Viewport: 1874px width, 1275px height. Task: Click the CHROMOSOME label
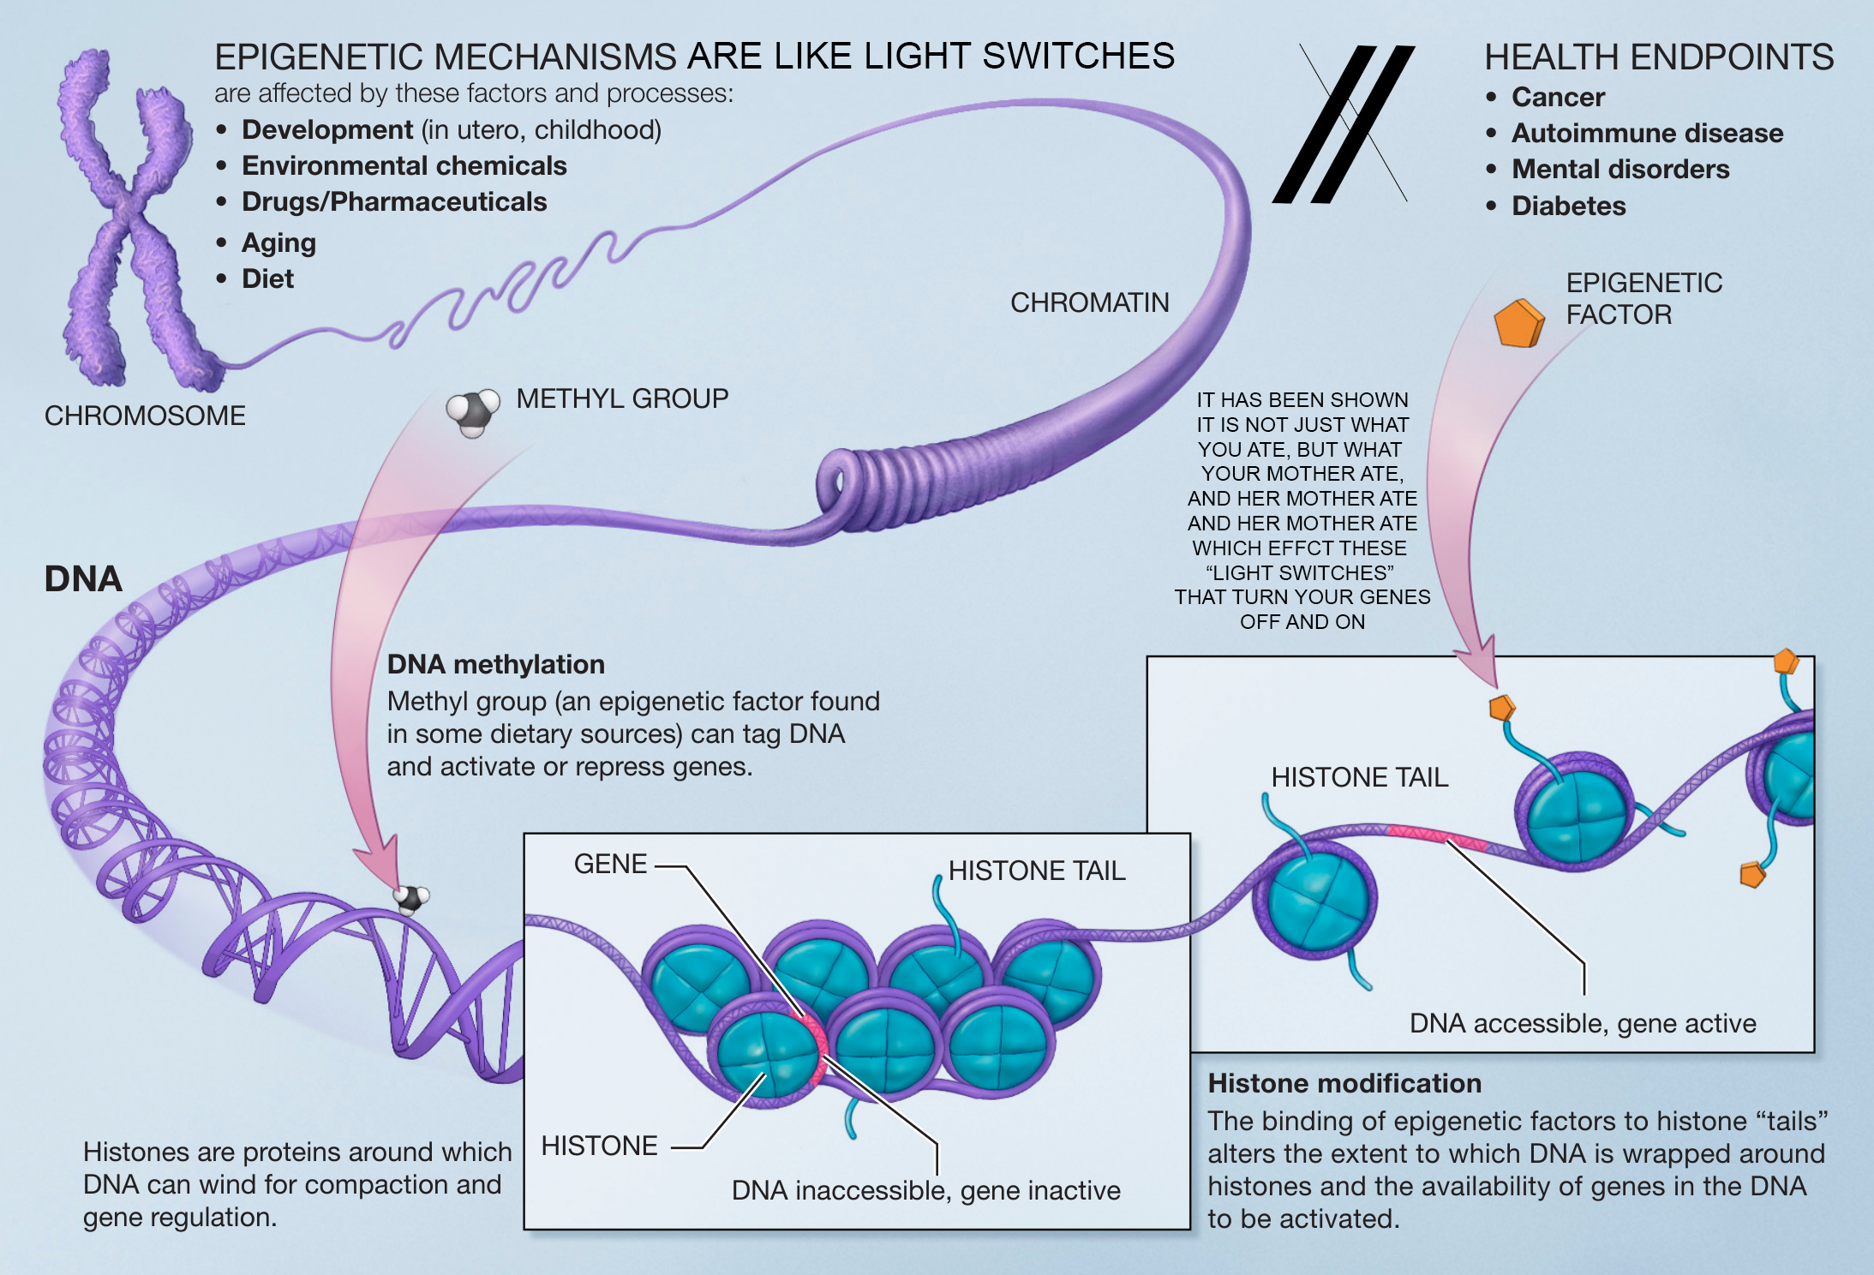pos(145,416)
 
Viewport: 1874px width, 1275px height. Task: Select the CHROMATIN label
pos(1089,302)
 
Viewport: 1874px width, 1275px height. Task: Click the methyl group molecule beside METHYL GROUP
pos(473,412)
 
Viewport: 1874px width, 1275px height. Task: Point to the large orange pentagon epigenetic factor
pos(1518,323)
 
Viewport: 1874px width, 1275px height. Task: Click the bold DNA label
pos(83,579)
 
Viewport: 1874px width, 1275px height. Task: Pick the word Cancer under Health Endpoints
pos(1558,97)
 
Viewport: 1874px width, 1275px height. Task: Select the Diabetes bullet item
pos(1568,206)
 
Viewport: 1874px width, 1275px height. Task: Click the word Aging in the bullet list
pos(278,243)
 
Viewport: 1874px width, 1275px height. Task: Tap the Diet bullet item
pos(267,279)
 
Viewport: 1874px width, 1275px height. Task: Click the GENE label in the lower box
pos(610,864)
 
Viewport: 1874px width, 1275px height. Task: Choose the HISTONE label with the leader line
pos(599,1146)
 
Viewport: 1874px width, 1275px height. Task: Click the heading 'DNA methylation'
pos(495,664)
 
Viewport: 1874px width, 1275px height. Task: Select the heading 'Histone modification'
pos(1344,1083)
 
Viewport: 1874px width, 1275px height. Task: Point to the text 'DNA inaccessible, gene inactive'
pos(925,1190)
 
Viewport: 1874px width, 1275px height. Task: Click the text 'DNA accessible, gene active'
pos(1583,1023)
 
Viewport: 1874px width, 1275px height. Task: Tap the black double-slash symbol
pos(1343,124)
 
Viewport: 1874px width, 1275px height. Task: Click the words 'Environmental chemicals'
pos(404,165)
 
